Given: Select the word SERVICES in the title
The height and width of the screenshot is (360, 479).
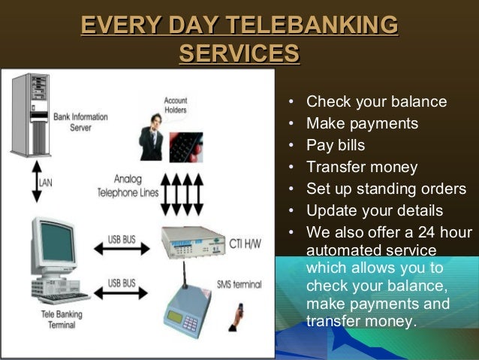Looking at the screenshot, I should (x=239, y=54).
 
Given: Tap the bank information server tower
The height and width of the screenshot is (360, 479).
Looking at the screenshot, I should (x=31, y=113).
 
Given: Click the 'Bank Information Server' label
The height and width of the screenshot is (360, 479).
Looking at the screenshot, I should (x=80, y=122).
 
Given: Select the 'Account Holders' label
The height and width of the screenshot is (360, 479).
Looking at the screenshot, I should (x=176, y=105).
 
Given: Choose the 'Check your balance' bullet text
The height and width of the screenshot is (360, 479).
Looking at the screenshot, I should (x=376, y=102).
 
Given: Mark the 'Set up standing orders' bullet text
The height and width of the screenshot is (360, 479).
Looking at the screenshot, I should (x=386, y=189).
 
